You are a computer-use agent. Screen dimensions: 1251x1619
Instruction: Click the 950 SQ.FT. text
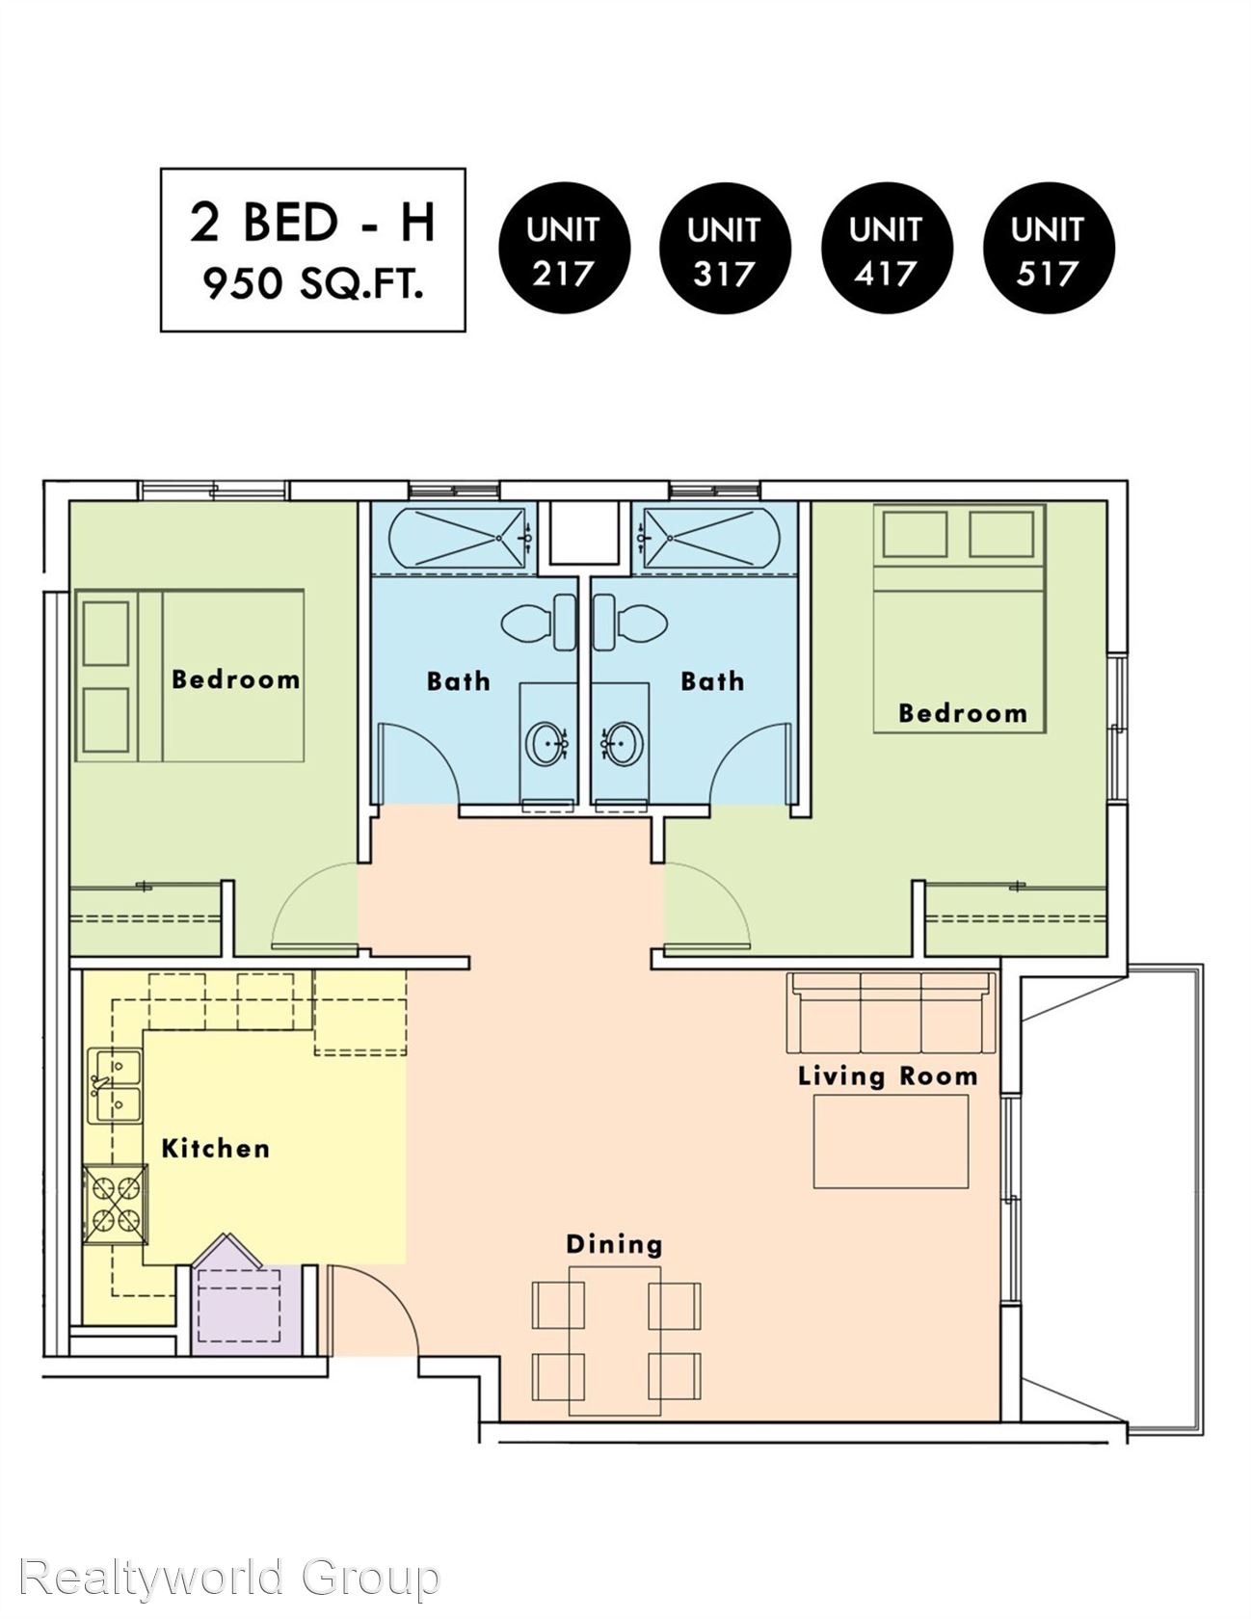313,284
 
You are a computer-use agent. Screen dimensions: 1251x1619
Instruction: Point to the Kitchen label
215,1148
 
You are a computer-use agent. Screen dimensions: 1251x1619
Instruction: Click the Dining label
614,1244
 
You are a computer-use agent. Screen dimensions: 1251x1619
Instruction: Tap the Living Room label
888,1075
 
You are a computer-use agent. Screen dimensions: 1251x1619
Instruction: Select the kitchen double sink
115,1086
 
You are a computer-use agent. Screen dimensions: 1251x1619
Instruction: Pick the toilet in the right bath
630,623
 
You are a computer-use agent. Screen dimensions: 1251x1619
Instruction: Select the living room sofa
892,1013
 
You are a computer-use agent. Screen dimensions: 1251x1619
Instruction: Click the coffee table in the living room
892,1143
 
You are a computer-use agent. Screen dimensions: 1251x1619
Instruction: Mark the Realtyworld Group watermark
229,1578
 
